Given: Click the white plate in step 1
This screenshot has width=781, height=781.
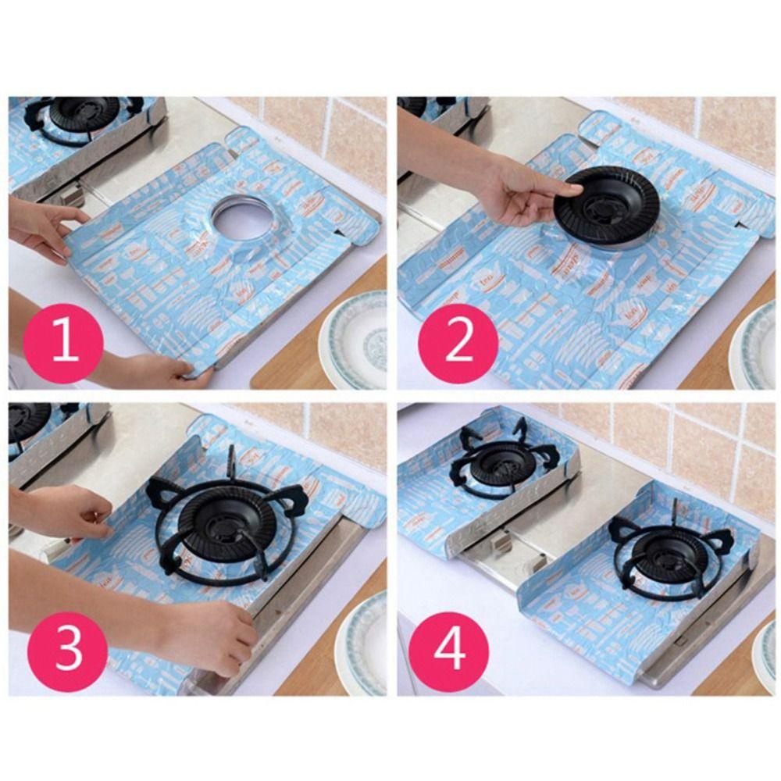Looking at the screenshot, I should tap(356, 340).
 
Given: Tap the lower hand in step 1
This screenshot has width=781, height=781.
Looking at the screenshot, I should tap(156, 369).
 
